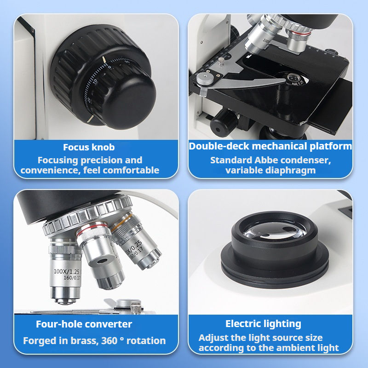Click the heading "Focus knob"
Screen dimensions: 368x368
click(89, 147)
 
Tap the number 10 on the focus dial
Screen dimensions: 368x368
click(95, 81)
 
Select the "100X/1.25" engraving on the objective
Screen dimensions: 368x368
click(66, 271)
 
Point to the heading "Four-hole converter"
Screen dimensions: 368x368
click(84, 324)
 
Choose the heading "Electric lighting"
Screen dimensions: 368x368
click(263, 324)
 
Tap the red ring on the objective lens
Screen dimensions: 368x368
click(92, 229)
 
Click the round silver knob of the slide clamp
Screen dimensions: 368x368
click(205, 78)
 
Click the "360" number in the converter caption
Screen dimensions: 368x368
click(109, 340)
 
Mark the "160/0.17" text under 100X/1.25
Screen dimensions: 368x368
click(72, 278)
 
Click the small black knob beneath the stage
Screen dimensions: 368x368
click(224, 124)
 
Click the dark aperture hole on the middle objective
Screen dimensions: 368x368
click(102, 261)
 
